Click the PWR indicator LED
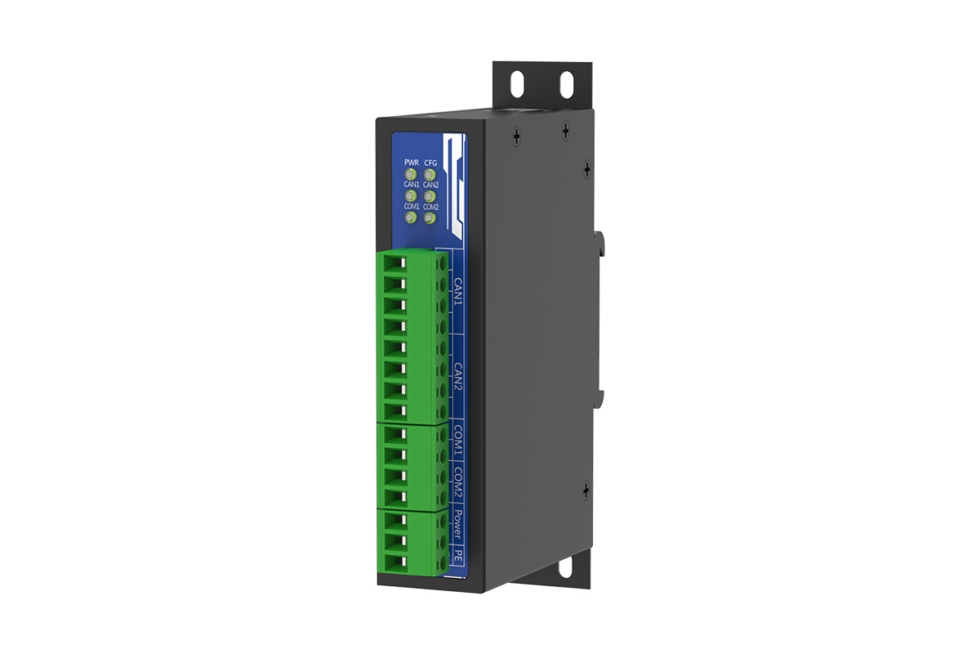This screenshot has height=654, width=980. tap(412, 175)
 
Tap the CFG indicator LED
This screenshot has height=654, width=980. tap(431, 175)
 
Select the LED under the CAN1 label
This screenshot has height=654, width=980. tap(412, 197)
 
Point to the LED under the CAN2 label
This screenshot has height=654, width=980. tap(431, 197)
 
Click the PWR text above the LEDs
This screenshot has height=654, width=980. tap(411, 163)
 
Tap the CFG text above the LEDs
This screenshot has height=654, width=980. tap(431, 163)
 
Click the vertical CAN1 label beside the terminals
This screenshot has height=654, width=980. tap(459, 290)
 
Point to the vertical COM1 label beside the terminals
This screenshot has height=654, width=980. tap(459, 442)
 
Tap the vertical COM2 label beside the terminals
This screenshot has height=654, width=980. tap(459, 486)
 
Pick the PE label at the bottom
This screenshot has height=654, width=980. tap(459, 557)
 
